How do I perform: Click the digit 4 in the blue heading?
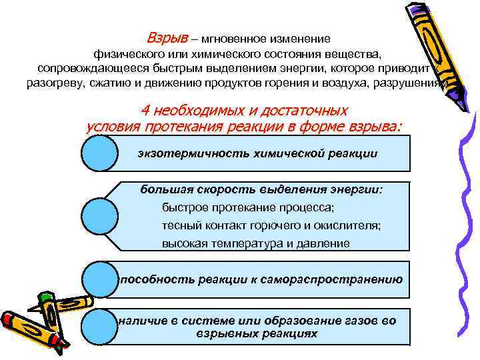pos(146,111)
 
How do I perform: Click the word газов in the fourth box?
pos(360,321)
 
